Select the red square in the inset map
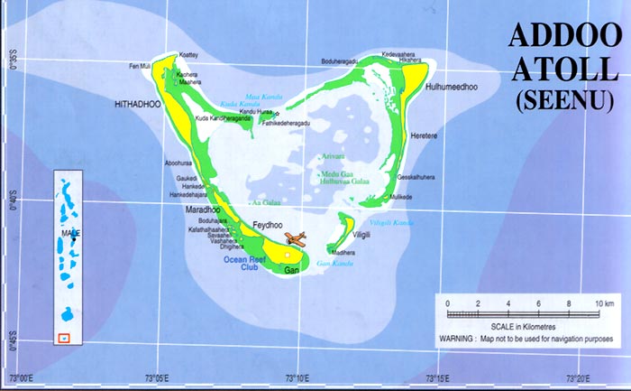[62, 338]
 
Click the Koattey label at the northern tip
[188, 54]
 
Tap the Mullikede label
[399, 197]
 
